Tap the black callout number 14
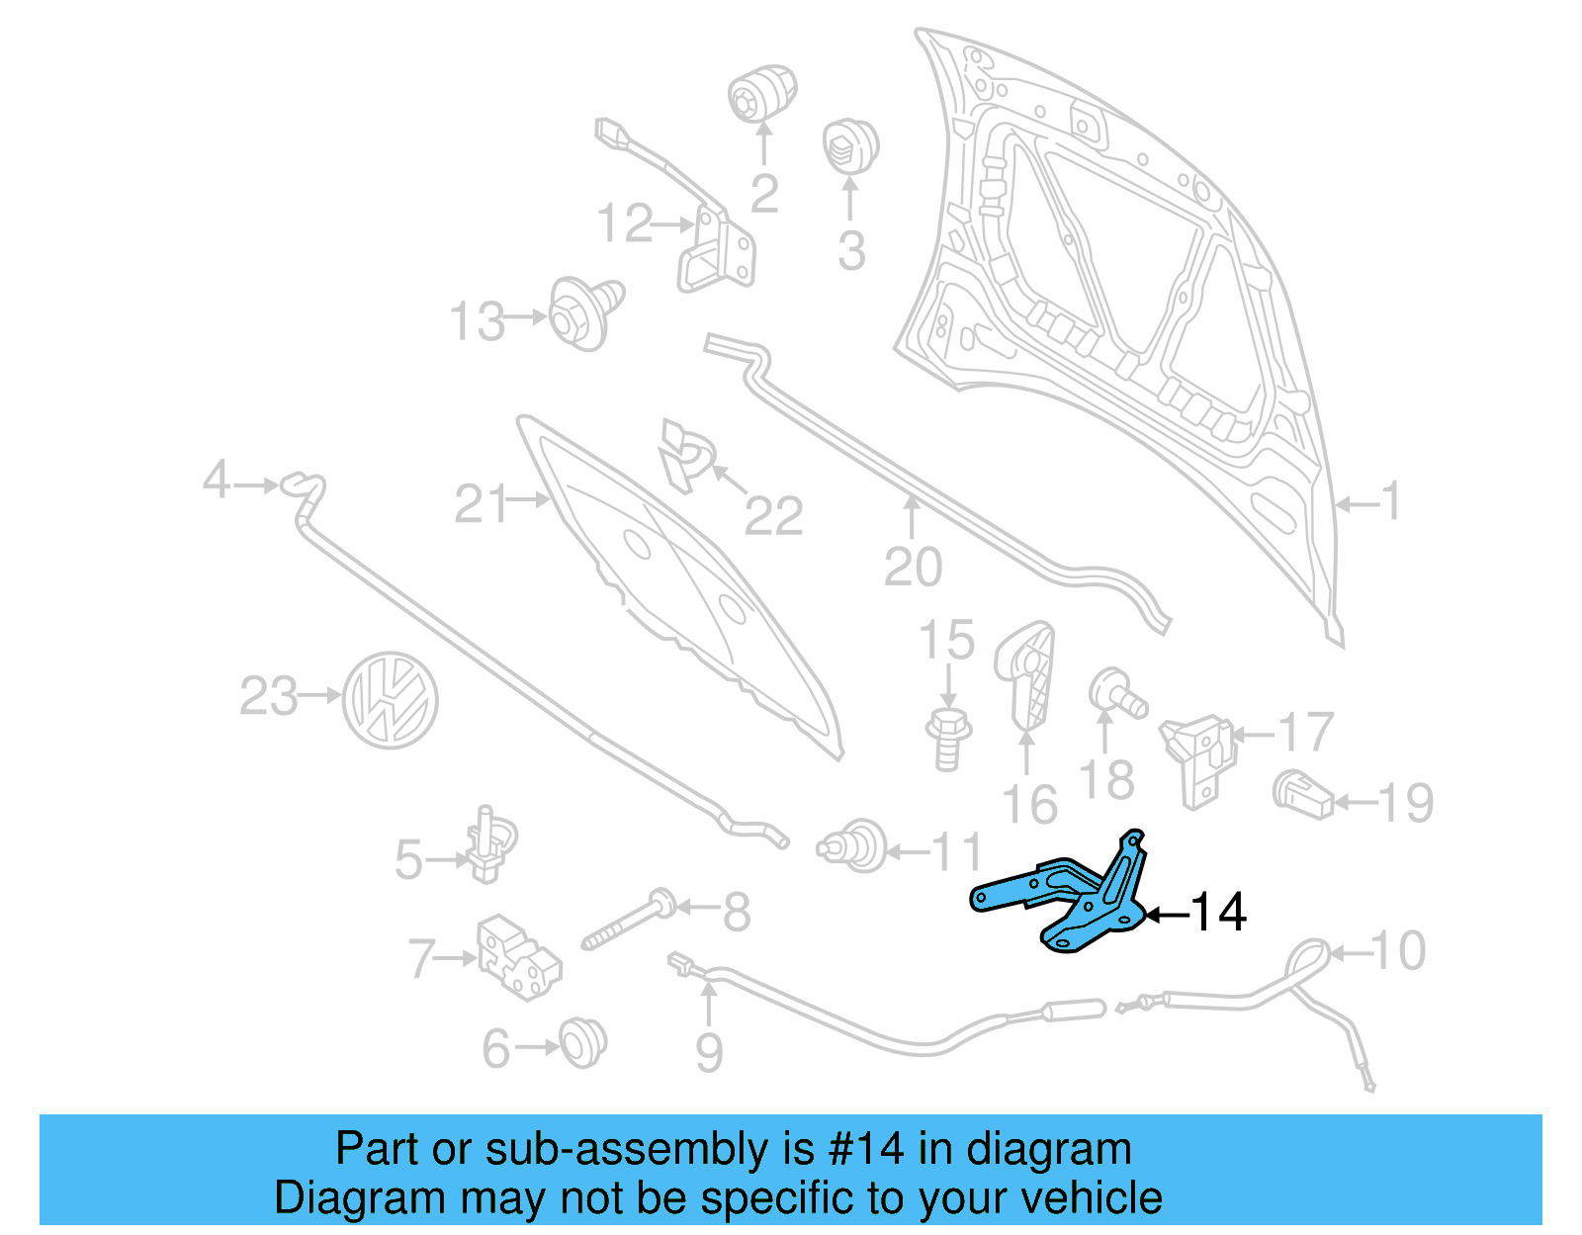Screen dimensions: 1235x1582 [x=1218, y=912]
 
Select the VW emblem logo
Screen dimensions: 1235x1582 [x=390, y=699]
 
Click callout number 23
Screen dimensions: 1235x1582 [x=268, y=696]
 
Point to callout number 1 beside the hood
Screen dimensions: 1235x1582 [x=1390, y=501]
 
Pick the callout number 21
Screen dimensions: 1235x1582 [x=481, y=504]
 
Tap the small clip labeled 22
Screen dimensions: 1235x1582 [x=685, y=455]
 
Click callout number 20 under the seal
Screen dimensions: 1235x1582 [x=913, y=568]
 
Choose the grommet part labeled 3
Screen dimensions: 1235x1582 [x=850, y=146]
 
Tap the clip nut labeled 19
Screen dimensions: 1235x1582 [x=1303, y=794]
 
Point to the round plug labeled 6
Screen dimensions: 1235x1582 [x=582, y=1042]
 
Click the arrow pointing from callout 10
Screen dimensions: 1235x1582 [x=1350, y=953]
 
